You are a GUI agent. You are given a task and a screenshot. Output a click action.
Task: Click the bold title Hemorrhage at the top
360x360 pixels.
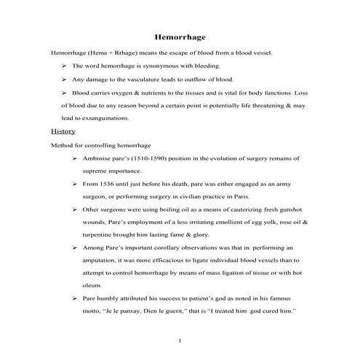[x=182, y=36]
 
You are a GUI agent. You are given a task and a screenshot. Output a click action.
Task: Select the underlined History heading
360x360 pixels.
[x=63, y=131]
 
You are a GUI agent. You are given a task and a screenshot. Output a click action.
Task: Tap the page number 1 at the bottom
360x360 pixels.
[x=180, y=340]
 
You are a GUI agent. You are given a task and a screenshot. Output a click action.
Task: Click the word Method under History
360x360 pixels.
[x=63, y=145]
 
